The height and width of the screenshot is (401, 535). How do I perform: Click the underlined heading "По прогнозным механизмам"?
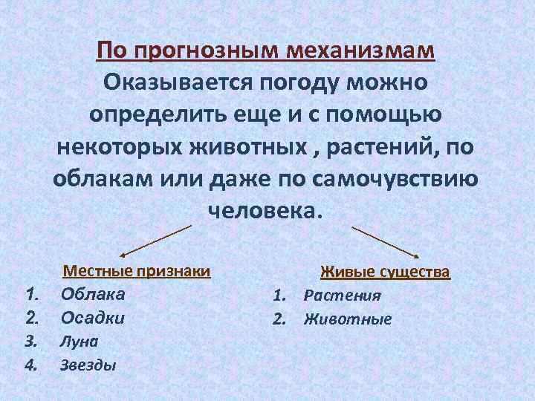[x=266, y=51]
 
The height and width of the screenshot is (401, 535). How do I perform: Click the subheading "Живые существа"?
[x=385, y=272]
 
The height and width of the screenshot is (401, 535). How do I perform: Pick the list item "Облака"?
[x=93, y=293]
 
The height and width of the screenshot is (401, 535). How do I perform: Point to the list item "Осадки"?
[x=93, y=318]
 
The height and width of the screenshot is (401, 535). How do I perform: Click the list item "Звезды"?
[x=88, y=365]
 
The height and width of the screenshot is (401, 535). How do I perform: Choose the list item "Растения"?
[x=342, y=296]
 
